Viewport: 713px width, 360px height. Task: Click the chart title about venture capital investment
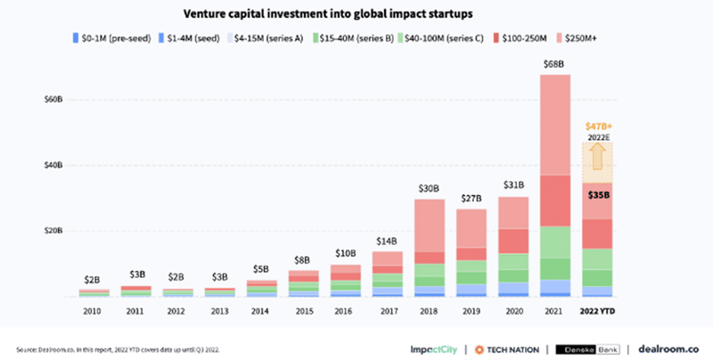356,14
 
